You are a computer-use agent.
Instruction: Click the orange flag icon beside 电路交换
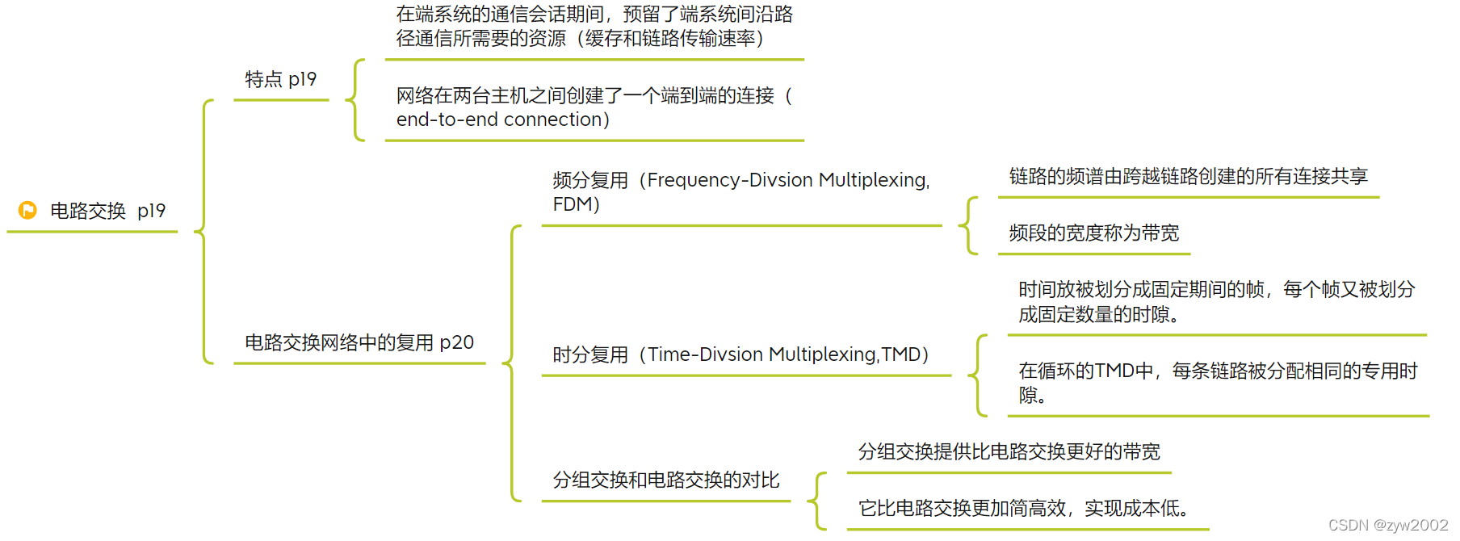(x=27, y=211)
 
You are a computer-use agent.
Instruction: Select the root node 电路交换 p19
(x=107, y=211)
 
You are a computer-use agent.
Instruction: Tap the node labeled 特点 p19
(x=280, y=79)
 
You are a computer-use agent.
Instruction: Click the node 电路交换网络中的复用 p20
(x=359, y=342)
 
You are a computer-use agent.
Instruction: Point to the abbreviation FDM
(x=573, y=204)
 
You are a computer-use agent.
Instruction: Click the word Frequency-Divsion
(x=729, y=180)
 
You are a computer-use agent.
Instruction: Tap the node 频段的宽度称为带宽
(x=1093, y=233)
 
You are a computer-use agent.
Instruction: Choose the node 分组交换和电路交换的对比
(x=666, y=480)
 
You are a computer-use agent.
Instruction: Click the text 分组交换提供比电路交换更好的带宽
(x=1009, y=452)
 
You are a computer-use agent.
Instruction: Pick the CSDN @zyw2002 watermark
(x=1388, y=525)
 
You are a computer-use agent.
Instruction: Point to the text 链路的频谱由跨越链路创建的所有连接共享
(x=1188, y=177)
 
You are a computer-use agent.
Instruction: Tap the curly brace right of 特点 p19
(x=355, y=100)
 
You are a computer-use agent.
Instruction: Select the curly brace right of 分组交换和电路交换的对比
(x=817, y=501)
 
